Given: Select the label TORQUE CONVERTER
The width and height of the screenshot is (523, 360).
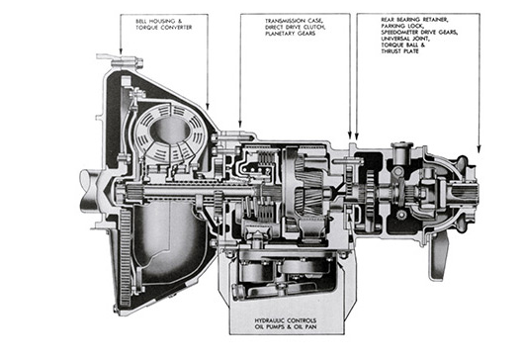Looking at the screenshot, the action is point(164,28).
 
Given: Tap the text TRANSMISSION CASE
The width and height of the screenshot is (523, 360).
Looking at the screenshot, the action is point(294,21).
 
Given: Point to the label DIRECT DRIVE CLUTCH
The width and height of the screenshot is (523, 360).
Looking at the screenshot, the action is point(296,27).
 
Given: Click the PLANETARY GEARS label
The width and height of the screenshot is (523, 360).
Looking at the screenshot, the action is point(291,34).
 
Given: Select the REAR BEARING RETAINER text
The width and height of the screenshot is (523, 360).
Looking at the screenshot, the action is point(414,20).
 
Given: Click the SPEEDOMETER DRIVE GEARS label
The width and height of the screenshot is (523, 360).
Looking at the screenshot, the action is point(419,33).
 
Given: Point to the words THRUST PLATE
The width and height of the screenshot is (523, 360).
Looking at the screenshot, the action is point(400,51).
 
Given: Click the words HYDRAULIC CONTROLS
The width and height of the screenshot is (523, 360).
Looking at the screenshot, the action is point(286,320).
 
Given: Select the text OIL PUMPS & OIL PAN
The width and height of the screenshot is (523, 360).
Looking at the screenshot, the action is point(286,327).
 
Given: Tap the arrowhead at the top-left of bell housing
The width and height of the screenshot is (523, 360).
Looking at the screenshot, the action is point(121,50).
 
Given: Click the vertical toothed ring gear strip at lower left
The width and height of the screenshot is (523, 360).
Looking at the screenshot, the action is point(126,257).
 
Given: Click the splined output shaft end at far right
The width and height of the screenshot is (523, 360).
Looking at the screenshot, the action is point(467,193).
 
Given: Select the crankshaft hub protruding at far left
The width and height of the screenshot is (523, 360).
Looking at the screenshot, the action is point(90,191).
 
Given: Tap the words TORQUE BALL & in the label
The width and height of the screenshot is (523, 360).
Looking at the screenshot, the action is point(403,45).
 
